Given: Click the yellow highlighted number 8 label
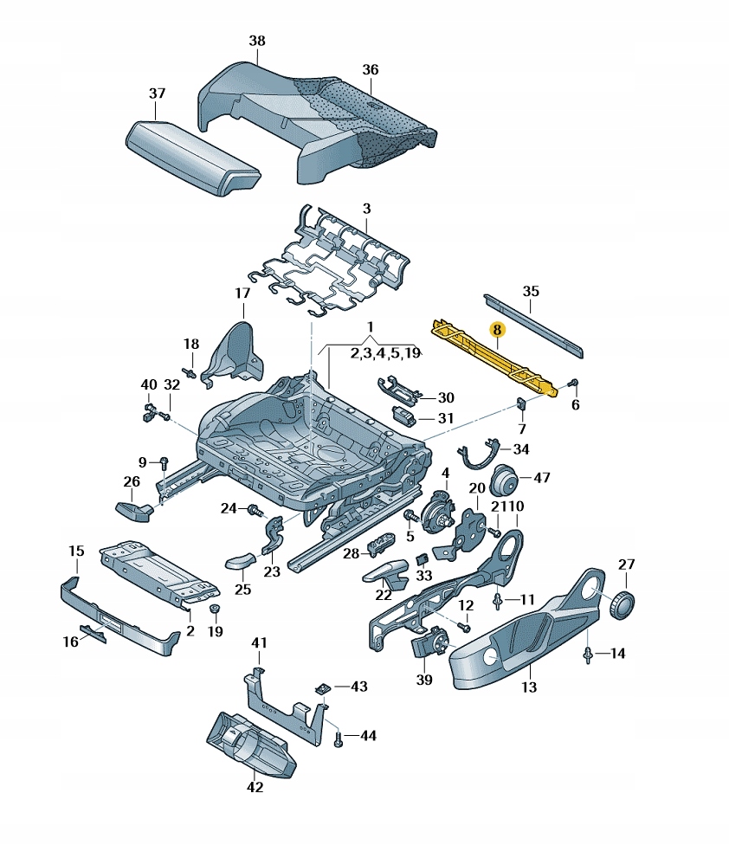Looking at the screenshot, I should click(x=496, y=330).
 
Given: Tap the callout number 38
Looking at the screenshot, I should click(x=257, y=41).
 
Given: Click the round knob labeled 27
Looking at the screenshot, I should click(x=622, y=603).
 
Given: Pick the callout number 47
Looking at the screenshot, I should click(x=541, y=477).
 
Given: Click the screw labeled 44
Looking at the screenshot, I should click(x=339, y=739).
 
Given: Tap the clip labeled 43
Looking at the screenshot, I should click(x=322, y=687).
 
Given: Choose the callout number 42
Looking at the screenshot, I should click(x=255, y=787).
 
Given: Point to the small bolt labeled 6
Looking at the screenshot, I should click(x=573, y=383).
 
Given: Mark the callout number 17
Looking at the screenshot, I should click(x=242, y=293).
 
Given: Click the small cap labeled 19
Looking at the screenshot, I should click(x=214, y=613).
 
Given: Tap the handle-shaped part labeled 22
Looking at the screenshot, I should click(x=388, y=572).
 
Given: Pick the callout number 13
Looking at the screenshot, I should click(x=529, y=687).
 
